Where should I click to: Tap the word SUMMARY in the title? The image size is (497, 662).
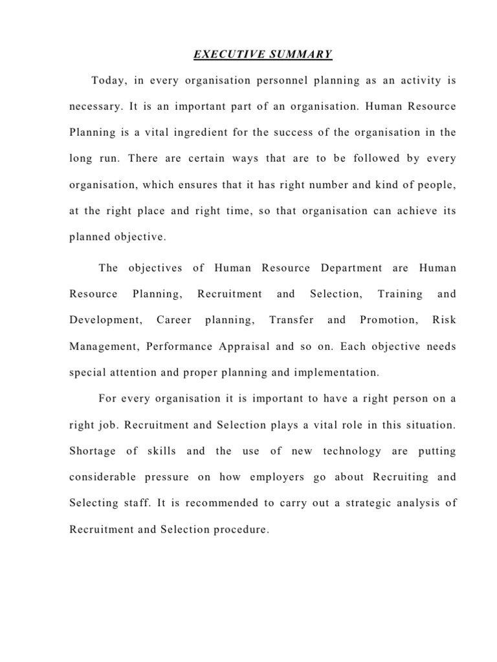pyautogui.click(x=302, y=54)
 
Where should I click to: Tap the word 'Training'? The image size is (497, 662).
pyautogui.click(x=400, y=294)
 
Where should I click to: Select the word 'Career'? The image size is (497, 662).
pyautogui.click(x=173, y=320)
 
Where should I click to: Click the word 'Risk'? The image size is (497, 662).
pyautogui.click(x=443, y=320)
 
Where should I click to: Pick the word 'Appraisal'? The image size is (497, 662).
pyautogui.click(x=240, y=347)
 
